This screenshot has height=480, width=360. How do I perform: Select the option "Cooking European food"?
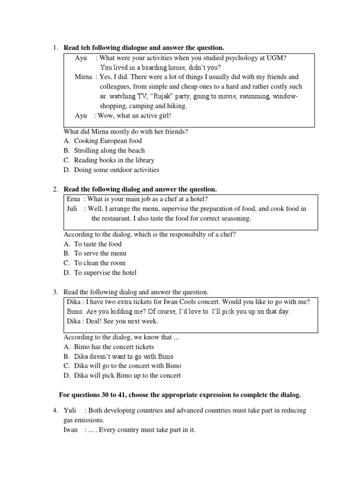tap(108, 141)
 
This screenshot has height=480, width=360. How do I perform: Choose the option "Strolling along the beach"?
tap(109, 150)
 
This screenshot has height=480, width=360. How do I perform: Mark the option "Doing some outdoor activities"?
tap(117, 170)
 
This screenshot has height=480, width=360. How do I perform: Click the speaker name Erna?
tap(74, 199)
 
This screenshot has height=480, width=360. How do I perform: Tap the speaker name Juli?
tap(73, 209)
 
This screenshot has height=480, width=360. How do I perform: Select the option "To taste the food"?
tap(97, 244)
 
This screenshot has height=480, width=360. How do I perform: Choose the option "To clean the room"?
tap(99, 263)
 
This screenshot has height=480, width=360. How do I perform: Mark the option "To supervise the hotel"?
tap(105, 273)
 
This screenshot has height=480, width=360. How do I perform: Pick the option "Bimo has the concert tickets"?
tap(114, 347)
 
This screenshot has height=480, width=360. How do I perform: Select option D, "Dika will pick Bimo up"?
tap(127, 375)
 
